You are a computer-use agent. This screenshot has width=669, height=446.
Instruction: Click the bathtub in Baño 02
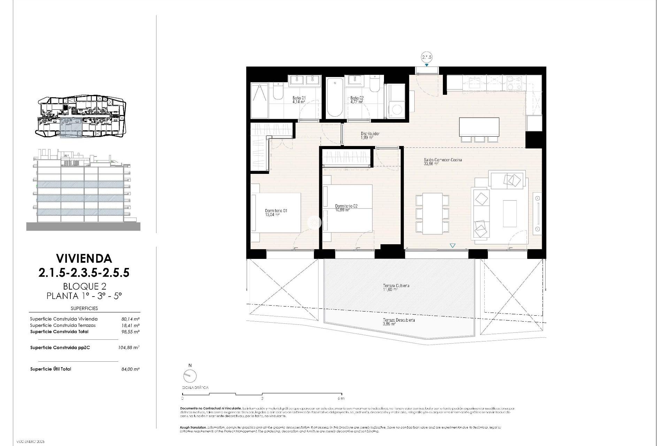tap(334, 98)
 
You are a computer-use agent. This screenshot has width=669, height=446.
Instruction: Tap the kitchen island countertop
tap(479, 127)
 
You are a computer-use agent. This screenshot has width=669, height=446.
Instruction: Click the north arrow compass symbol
tap(190, 376)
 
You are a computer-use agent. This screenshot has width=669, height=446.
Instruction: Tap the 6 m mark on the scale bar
tap(341, 398)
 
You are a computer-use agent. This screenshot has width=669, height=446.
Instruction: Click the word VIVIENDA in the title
tap(84, 258)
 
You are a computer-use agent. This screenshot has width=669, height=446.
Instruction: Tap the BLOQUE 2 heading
tap(84, 286)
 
